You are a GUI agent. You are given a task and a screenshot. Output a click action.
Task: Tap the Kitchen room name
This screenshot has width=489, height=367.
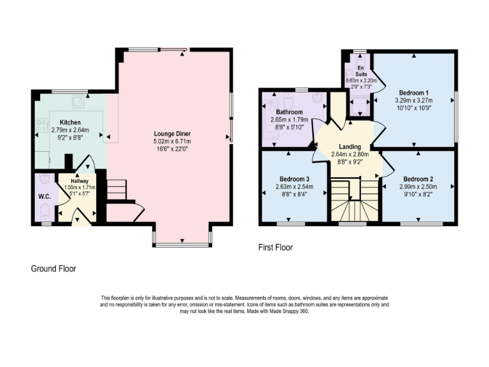click(70, 122)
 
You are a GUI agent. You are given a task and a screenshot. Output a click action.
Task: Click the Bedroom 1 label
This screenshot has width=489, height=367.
click(414, 92)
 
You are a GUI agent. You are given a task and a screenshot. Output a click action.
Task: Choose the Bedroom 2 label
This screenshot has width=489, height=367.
click(418, 178)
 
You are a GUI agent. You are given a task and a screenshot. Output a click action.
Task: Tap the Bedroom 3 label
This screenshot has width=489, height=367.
click(294, 178)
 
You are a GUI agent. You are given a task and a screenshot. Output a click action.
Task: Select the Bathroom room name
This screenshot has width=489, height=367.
click(287, 111)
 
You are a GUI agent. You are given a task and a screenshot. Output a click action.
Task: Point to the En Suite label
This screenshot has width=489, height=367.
click(361, 70)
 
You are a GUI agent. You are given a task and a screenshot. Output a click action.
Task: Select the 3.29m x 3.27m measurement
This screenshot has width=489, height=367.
click(414, 100)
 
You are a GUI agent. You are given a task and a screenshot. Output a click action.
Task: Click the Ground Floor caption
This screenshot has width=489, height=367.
click(53, 269)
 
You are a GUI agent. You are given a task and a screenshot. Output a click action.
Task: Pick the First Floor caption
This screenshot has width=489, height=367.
click(275, 247)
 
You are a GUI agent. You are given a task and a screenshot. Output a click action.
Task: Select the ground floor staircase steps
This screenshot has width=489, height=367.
click(116, 189)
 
